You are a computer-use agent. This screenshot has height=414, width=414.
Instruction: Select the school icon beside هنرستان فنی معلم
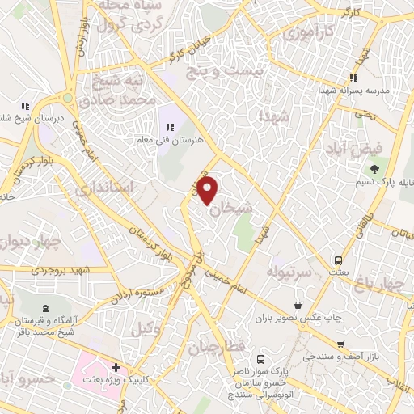coord(171,126)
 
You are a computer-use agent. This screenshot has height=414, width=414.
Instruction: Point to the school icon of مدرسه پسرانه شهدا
coord(353,78)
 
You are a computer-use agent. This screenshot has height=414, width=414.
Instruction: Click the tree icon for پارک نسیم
coord(374,168)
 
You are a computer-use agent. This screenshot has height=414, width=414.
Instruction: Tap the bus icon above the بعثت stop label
coord(339,260)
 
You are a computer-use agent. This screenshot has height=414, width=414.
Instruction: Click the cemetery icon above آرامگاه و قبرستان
coord(44,309)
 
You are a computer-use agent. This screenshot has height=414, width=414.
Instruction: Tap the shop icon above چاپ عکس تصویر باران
coord(299,305)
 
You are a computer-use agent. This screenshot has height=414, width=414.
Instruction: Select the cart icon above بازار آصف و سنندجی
coord(341,344)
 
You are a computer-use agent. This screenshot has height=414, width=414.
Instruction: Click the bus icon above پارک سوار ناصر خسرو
coord(260,358)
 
